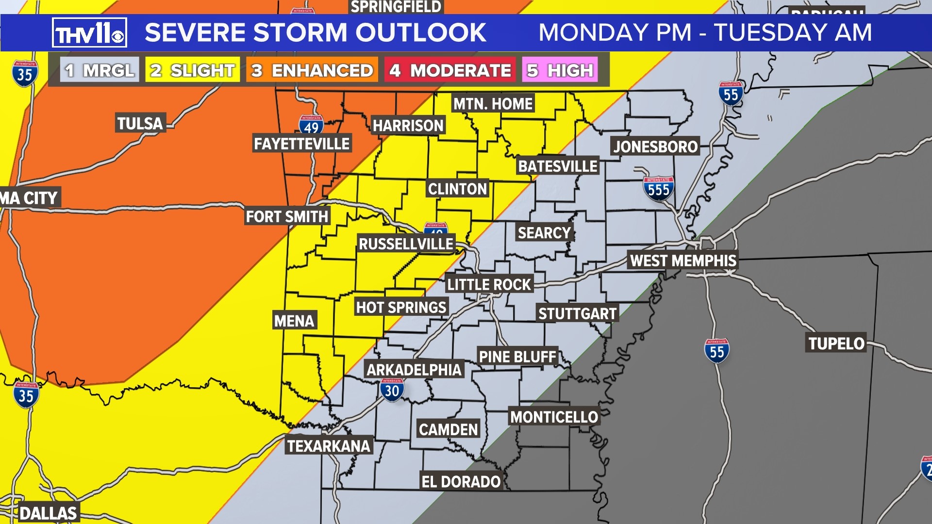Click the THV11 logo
click(89, 33)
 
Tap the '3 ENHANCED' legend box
click(312, 70)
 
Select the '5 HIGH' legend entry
click(560, 70)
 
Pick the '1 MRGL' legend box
click(100, 70)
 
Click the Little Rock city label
click(489, 284)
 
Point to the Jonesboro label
click(655, 146)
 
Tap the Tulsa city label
click(140, 123)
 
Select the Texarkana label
click(329, 446)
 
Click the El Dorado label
click(461, 481)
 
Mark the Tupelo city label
click(836, 344)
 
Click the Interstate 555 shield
click(658, 188)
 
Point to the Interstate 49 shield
click(311, 125)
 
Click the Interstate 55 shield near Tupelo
click(716, 351)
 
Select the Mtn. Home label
click(493, 103)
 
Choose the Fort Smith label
click(287, 216)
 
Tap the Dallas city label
click(48, 513)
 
